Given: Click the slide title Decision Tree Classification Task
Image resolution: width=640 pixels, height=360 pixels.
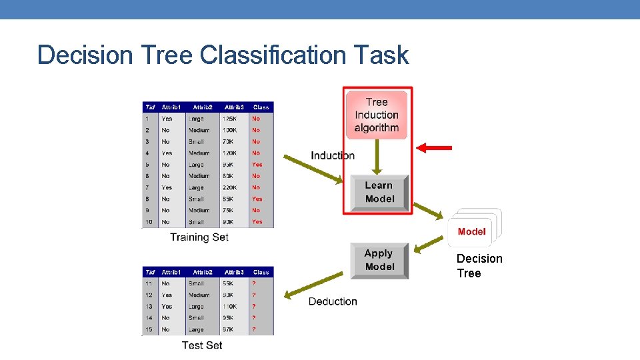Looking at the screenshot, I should (x=223, y=55).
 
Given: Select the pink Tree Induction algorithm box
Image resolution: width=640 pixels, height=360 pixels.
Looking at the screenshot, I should (x=377, y=115).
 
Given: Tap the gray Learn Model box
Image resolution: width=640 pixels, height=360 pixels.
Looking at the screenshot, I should (x=379, y=192).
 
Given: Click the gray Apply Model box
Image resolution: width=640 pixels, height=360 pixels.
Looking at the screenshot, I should (x=379, y=260).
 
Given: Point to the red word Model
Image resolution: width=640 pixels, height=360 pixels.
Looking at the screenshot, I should (x=472, y=231).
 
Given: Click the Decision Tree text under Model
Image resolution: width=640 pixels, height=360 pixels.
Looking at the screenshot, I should (x=479, y=265).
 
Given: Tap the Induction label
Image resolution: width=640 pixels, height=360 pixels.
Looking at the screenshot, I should (x=333, y=155).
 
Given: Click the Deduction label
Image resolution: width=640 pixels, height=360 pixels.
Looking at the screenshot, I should (x=333, y=301).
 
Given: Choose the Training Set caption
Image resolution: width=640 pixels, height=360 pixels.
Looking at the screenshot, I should (x=199, y=237).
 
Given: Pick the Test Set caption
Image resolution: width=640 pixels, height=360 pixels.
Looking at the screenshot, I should (x=202, y=345).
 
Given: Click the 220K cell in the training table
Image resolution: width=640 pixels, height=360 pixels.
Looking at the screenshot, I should (x=231, y=187).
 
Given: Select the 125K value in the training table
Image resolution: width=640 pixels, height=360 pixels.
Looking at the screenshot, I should (x=231, y=119).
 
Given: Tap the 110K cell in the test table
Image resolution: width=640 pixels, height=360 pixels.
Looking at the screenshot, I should (x=231, y=306).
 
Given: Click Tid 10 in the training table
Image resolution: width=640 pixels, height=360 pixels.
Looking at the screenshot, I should (x=148, y=222).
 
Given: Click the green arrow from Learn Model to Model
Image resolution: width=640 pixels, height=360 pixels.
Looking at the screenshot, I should (x=428, y=210).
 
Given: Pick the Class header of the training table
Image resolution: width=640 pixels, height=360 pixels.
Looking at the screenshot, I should (x=261, y=107).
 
